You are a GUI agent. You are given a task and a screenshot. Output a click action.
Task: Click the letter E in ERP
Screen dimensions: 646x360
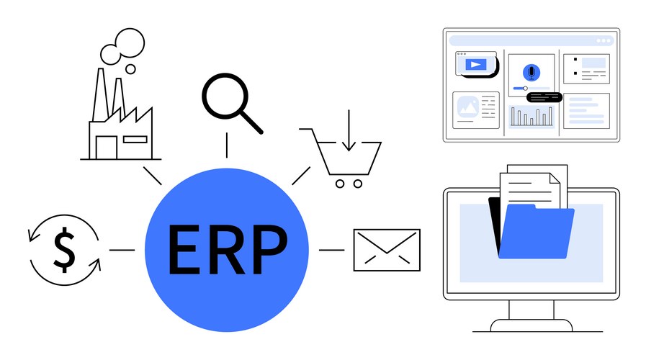[183, 250]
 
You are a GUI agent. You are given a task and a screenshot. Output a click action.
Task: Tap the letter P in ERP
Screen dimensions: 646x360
[270, 250]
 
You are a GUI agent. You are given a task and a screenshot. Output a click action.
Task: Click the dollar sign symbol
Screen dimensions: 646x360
[64, 250]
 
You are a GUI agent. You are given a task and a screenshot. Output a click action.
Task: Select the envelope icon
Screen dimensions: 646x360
[387, 250]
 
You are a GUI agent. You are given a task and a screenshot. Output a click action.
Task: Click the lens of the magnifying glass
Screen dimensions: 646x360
[225, 96]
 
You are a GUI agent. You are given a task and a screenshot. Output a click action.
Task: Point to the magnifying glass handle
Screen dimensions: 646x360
[252, 122]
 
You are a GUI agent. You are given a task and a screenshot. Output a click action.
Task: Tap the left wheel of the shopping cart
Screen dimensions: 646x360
[340, 184]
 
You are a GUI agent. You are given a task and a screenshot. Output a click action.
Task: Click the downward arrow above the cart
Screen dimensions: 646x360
[349, 130]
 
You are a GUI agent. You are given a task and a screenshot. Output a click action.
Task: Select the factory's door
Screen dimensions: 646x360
[107, 148]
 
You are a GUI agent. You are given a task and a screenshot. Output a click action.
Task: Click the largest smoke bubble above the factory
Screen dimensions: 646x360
[130, 42]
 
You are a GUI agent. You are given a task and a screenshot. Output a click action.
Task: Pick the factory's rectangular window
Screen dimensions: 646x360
[135, 139]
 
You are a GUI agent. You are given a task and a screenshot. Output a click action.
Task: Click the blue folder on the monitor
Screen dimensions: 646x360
[537, 232]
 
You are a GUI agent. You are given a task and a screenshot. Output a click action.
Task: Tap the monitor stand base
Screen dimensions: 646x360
[531, 325]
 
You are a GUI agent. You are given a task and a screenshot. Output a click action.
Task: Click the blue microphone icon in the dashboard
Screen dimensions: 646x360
[531, 73]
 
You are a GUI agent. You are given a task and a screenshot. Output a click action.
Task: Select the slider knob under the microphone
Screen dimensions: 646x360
[525, 88]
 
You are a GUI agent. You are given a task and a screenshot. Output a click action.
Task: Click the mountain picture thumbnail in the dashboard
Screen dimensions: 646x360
[468, 107]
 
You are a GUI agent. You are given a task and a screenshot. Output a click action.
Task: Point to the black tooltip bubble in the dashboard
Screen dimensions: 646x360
[544, 97]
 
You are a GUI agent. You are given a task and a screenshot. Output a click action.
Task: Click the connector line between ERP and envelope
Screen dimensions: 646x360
[332, 250]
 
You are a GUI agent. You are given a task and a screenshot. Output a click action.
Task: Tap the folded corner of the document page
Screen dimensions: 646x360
[555, 178]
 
